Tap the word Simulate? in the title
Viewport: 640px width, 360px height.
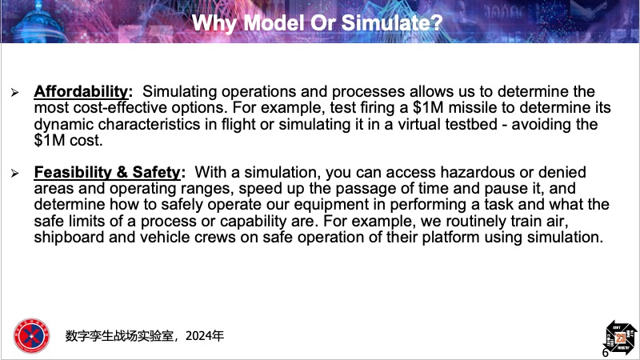click(392, 22)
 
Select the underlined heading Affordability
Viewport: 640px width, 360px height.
click(81, 91)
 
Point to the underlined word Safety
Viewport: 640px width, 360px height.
click(156, 172)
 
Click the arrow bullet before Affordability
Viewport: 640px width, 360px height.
click(15, 93)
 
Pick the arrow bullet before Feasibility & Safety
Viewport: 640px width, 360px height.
click(15, 174)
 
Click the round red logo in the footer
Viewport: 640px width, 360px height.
click(31, 336)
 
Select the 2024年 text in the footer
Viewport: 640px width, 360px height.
click(205, 336)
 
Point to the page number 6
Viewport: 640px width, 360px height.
click(606, 353)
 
